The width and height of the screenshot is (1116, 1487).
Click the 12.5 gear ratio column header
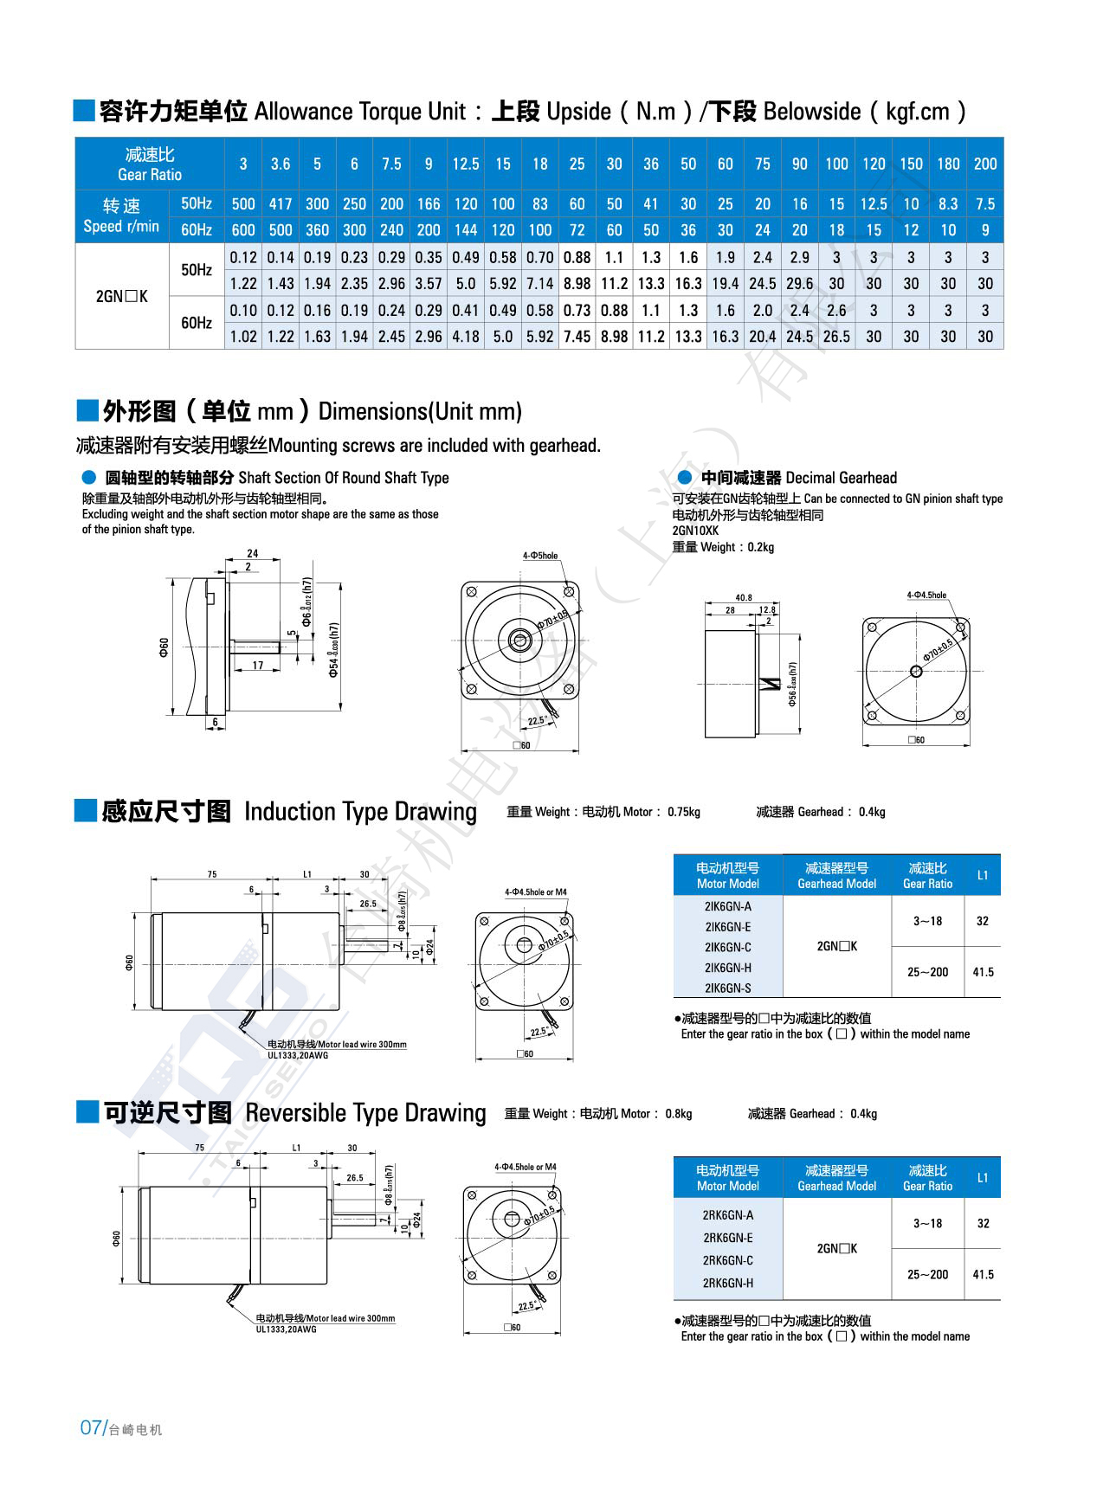pos(465,164)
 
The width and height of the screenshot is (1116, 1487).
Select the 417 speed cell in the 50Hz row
pos(280,204)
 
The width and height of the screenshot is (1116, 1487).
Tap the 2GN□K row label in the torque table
pos(121,296)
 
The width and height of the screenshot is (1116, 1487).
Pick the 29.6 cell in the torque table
pos(799,284)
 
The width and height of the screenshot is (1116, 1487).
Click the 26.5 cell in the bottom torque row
pos(836,337)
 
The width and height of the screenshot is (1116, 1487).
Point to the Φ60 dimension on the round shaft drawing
pos(164,647)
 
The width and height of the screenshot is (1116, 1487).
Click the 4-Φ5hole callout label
pos(540,556)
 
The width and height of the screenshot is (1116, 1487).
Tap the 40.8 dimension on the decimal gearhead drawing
pos(743,597)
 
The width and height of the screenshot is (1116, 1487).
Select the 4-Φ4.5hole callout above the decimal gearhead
pos(926,595)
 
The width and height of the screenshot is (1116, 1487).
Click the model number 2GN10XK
pos(695,531)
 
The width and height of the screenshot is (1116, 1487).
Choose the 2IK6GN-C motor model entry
pos(727,947)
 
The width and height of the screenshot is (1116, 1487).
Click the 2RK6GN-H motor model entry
pos(727,1283)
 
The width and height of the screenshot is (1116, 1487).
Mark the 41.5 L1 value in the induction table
pos(983,972)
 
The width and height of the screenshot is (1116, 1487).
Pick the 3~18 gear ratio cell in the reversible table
pos(927,1223)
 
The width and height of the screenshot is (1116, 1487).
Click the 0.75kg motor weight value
pos(684,812)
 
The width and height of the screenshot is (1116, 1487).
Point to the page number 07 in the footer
pos(91,1428)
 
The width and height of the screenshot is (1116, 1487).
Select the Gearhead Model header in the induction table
pos(836,884)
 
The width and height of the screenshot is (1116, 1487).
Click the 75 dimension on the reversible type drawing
pos(200,1148)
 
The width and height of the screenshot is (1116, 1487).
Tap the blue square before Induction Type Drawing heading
pos(85,810)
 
